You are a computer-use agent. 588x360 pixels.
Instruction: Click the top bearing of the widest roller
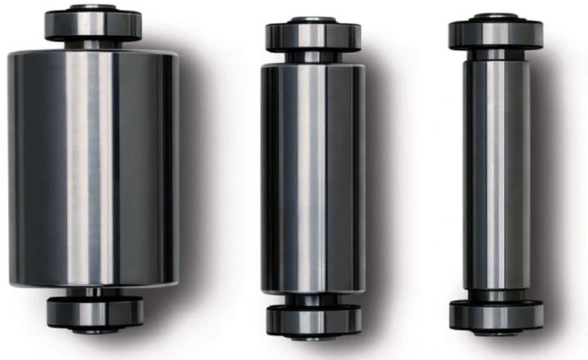pyautogui.click(x=93, y=24)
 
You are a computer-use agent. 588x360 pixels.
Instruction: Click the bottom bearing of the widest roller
pyautogui.click(x=95, y=312)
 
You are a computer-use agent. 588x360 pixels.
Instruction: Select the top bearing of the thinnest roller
pyautogui.click(x=496, y=33)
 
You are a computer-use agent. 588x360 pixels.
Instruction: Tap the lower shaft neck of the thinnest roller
pyautogui.click(x=496, y=296)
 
